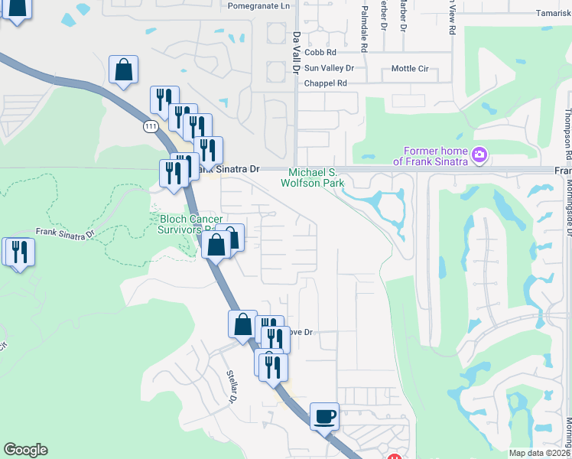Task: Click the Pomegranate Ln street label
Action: (x=260, y=5)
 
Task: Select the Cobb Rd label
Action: (x=320, y=53)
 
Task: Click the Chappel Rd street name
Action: (x=326, y=83)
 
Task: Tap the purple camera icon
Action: (x=479, y=155)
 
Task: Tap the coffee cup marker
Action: (x=324, y=417)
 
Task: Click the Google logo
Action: (x=25, y=450)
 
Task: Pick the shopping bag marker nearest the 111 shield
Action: (x=123, y=70)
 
